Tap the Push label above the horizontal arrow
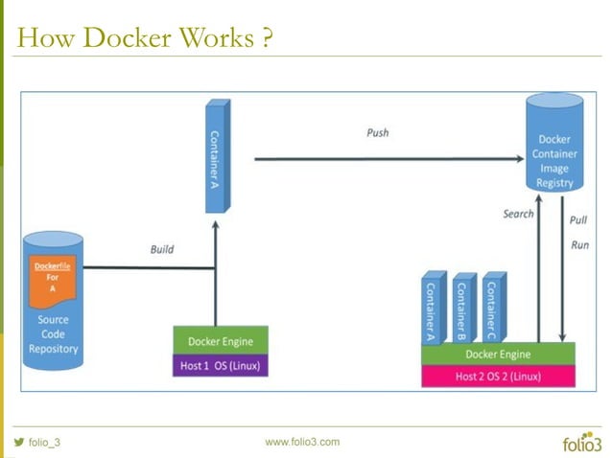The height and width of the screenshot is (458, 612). (x=378, y=131)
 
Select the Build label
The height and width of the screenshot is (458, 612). (x=162, y=249)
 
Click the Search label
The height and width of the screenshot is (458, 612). (x=518, y=214)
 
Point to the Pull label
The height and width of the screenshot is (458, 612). (x=578, y=219)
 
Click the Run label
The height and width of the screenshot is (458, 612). (x=579, y=244)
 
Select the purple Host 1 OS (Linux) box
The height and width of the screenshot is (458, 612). (x=220, y=365)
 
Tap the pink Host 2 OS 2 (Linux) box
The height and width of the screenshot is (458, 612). (x=498, y=376)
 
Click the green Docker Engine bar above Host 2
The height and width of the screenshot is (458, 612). (x=498, y=354)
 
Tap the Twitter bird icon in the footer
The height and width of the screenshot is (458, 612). (x=18, y=442)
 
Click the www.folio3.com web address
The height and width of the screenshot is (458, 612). (x=302, y=442)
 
